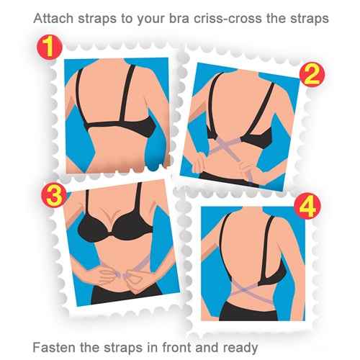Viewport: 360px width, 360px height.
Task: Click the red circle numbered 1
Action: tap(50, 48)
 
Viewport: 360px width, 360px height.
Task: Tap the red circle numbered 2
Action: tap(312, 74)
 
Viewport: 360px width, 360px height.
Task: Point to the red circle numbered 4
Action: tap(307, 206)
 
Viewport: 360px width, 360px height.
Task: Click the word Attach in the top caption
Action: tap(53, 19)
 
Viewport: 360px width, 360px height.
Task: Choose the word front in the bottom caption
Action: tap(177, 348)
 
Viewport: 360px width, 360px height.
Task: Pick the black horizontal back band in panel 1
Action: tap(117, 125)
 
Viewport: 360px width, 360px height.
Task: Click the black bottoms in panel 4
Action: tap(249, 311)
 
